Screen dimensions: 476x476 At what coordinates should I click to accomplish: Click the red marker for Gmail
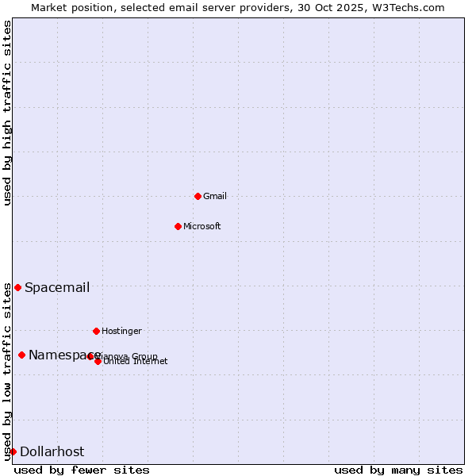[x=198, y=196]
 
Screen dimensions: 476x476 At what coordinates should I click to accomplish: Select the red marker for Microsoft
[x=178, y=226]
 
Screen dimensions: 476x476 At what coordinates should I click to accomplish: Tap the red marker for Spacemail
[x=17, y=287]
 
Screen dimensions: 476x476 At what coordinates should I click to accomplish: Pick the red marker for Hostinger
[x=96, y=331]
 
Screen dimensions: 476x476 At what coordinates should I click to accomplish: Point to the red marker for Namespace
[x=21, y=355]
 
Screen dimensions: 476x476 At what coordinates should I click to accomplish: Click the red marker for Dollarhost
[x=13, y=451]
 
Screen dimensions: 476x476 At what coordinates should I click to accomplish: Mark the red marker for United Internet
[x=98, y=361]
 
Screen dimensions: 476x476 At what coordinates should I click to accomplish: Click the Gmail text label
[x=215, y=196]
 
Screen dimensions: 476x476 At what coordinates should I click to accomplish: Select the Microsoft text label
[x=202, y=226]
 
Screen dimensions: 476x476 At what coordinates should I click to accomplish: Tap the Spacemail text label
[x=57, y=287]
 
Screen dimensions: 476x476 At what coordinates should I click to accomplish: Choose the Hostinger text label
[x=121, y=331]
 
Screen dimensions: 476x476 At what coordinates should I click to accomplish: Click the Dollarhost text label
[x=52, y=451]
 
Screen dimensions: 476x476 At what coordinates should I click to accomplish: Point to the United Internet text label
[x=136, y=362]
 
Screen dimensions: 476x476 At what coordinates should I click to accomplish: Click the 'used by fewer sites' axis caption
[x=82, y=470]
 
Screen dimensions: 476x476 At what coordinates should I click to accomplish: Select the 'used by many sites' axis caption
[x=398, y=470]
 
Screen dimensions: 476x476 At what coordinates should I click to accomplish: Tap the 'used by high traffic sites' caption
[x=7, y=113]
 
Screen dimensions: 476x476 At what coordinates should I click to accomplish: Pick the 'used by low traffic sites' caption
[x=7, y=371]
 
